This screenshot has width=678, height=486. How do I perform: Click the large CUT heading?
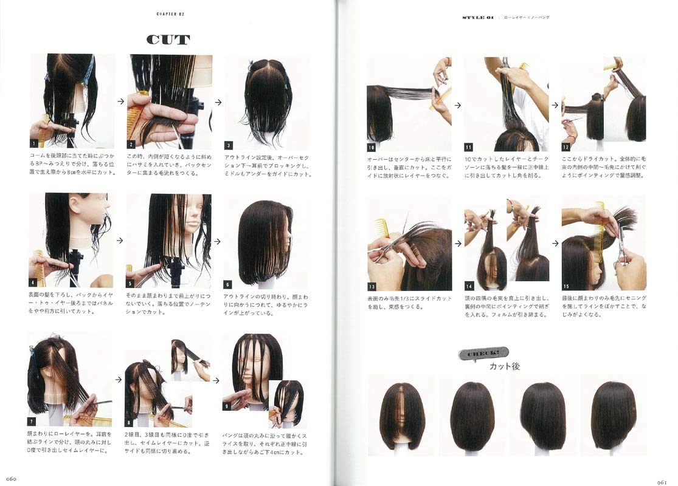point(168,40)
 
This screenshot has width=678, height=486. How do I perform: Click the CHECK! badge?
point(483,354)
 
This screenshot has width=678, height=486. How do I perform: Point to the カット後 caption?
point(505,366)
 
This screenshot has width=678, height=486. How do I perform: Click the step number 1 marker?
point(34,144)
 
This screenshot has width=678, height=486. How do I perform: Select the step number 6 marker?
point(227,284)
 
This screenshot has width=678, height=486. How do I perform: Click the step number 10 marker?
point(372,147)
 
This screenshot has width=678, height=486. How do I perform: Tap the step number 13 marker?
point(372,286)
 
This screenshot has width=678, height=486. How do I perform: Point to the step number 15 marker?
point(566,286)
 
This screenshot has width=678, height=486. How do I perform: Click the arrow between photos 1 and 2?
point(120,102)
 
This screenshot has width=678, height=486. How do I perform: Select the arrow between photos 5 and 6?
point(217,241)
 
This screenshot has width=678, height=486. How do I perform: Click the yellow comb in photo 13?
point(382,227)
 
